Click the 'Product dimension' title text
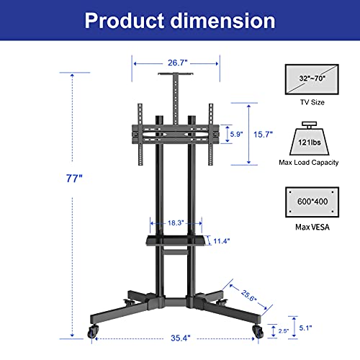pyautogui.click(x=180, y=20)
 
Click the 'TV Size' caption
pyautogui.click(x=312, y=103)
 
